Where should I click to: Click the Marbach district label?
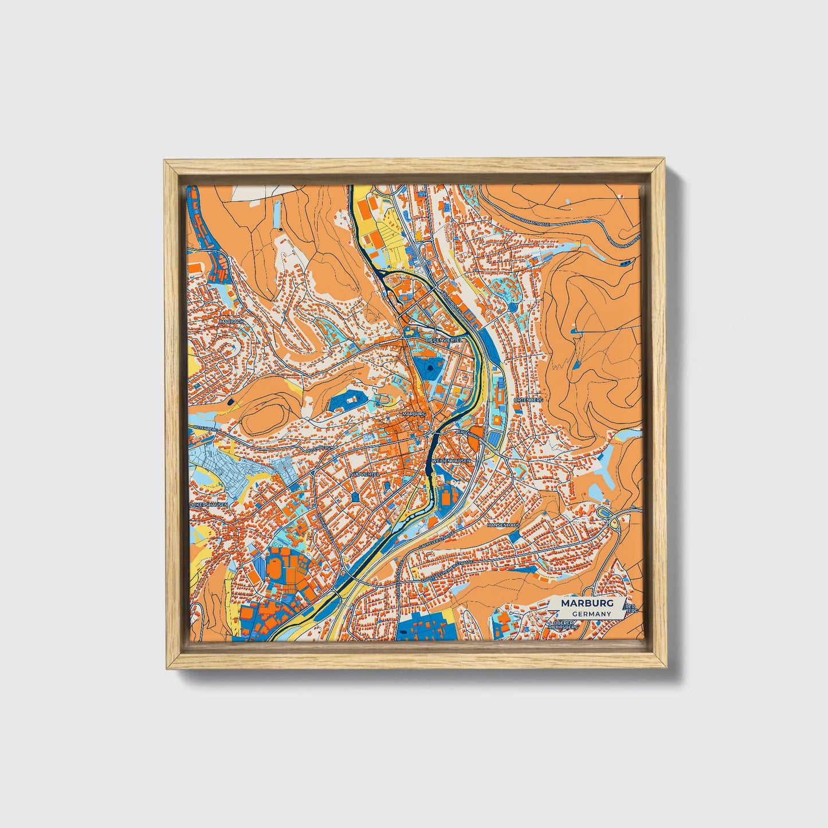pos(231,322)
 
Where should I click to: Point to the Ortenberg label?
pos(528,399)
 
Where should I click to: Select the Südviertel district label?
pos(365,474)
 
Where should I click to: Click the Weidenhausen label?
pos(452,461)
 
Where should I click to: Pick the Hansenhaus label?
pos(503,524)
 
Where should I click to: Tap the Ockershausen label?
pos(209,505)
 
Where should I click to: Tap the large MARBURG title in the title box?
pos(587,603)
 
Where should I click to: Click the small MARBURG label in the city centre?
pos(414,413)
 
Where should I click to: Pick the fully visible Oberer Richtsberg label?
pos(563,625)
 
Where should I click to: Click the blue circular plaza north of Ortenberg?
pos(512,307)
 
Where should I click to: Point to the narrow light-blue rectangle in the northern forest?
pos(278,214)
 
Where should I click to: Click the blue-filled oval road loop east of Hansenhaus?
pos(603,511)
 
